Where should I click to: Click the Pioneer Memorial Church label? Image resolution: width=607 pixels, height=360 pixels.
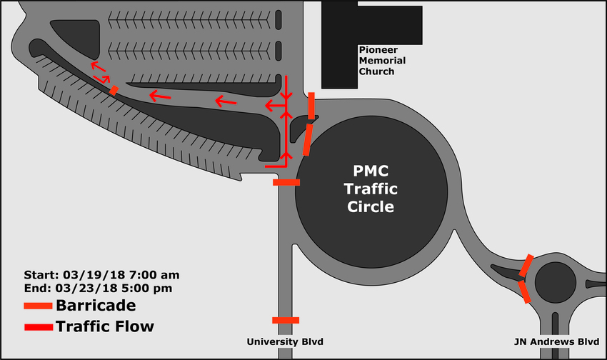tap(382, 61)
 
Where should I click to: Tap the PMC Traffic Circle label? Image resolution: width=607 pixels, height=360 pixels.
tap(371, 189)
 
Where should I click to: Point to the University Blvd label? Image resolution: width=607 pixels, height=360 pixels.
tap(285, 342)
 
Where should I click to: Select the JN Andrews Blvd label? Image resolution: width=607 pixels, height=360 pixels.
tap(557, 342)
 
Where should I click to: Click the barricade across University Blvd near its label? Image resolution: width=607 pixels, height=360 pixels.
tap(286, 320)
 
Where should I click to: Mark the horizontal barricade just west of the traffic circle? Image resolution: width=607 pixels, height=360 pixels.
tap(286, 182)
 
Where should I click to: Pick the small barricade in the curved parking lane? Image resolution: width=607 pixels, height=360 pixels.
tap(114, 90)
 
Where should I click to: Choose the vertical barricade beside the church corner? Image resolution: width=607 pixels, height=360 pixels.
tap(311, 106)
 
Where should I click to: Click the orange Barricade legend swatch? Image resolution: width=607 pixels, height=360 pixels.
tap(38, 306)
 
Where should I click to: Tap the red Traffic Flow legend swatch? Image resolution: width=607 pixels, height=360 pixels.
tap(39, 327)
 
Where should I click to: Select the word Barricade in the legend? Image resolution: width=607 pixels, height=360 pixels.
tap(96, 306)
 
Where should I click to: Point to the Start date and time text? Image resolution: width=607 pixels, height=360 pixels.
tap(102, 275)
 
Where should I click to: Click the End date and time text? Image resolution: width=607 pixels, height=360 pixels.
tap(98, 289)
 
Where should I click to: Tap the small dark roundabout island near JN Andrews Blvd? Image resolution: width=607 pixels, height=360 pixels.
tap(556, 283)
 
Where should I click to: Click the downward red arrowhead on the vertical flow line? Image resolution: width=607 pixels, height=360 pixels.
tap(286, 96)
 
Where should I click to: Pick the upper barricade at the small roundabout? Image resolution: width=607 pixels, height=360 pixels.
tap(526, 266)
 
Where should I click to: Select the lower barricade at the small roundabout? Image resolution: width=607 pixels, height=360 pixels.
tap(524, 292)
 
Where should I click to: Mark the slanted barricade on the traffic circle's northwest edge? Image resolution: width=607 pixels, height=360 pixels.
tap(307, 140)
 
